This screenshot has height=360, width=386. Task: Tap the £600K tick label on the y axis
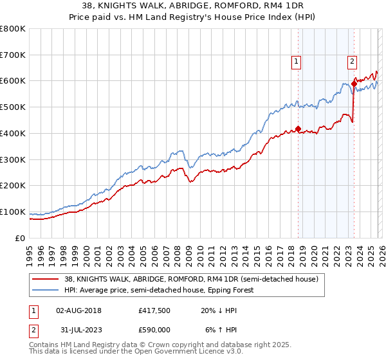(x=13, y=81)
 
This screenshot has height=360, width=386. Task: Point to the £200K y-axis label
(x=13, y=185)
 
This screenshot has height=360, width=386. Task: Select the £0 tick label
(x=20, y=238)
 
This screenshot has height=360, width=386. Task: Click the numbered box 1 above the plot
(x=296, y=62)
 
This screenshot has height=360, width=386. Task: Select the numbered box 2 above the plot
(x=353, y=62)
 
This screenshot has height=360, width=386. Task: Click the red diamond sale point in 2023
(x=354, y=83)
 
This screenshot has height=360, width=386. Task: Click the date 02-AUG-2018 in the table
(x=78, y=310)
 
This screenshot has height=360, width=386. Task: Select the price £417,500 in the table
(x=154, y=310)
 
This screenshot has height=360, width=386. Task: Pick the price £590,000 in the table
(x=154, y=330)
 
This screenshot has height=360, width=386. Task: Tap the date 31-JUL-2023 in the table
(x=78, y=330)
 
